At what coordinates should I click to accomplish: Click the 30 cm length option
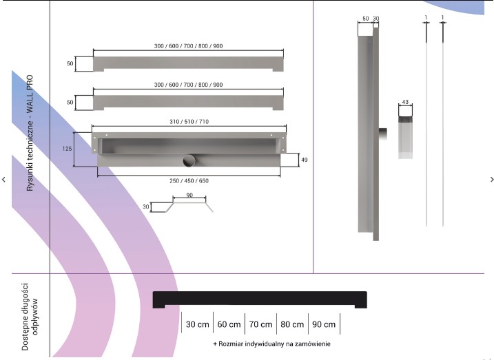click(x=198, y=324)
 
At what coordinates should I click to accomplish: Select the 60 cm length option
click(x=229, y=324)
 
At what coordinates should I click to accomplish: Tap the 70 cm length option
click(x=260, y=324)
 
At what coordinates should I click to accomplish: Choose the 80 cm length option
click(x=292, y=324)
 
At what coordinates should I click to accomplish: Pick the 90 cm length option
click(x=324, y=324)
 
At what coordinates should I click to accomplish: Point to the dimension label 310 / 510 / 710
click(x=189, y=121)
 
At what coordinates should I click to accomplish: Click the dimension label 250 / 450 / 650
click(x=189, y=180)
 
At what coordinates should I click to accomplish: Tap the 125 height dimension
click(x=67, y=149)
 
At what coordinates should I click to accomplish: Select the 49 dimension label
click(x=305, y=160)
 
